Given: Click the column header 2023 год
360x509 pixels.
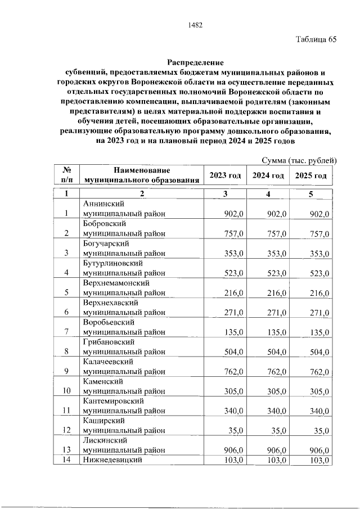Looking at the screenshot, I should click(x=225, y=175).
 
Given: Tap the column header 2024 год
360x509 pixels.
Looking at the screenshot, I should click(x=268, y=175).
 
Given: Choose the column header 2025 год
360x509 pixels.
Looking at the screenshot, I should click(x=311, y=175).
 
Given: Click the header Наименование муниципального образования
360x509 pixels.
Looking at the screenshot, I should click(x=142, y=175).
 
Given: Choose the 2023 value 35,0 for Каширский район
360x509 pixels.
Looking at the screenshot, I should click(x=236, y=431).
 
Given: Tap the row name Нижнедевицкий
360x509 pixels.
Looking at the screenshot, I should click(x=111, y=460).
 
